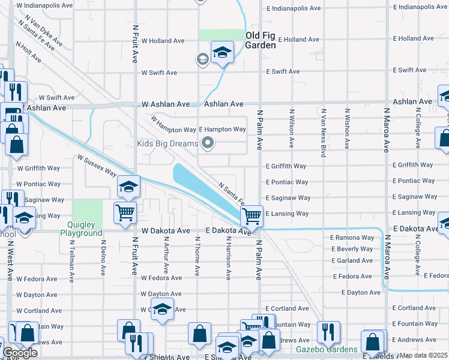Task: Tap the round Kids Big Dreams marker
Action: click(x=208, y=143)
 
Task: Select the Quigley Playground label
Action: click(x=82, y=229)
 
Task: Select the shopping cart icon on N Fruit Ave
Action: click(x=125, y=212)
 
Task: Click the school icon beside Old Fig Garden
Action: click(x=222, y=52)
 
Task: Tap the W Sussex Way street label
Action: click(x=97, y=166)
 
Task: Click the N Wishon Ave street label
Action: click(x=347, y=128)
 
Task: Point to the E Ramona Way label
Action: click(x=352, y=238)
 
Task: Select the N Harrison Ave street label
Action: click(x=228, y=258)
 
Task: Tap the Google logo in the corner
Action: click(x=20, y=353)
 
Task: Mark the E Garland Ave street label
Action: click(x=351, y=260)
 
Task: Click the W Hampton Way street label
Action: click(x=174, y=125)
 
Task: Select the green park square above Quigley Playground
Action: click(x=87, y=211)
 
